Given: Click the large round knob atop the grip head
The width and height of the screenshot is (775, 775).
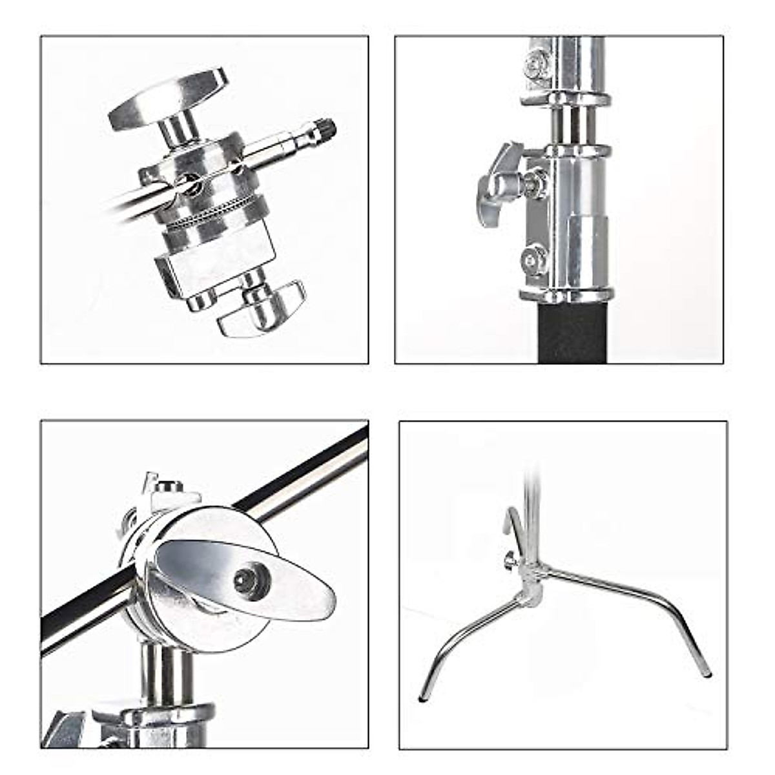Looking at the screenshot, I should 167,99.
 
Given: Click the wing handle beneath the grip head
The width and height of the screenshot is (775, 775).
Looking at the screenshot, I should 262,310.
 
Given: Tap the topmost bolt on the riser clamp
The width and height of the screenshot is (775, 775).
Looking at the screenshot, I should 535,65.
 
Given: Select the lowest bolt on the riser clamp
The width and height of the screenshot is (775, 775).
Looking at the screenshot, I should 534,260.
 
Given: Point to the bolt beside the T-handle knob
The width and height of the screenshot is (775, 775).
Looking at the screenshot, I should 535,182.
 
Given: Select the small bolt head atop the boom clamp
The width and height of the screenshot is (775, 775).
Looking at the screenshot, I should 169,486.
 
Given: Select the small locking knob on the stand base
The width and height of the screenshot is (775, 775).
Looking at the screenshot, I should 511,561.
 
